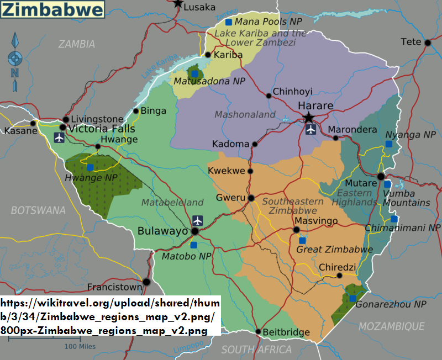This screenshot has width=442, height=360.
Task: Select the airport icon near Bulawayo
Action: point(198,220)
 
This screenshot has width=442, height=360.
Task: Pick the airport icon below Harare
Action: point(311,130)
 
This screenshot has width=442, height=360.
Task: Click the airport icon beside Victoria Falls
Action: point(60,137)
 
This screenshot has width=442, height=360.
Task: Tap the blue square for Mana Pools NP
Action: point(228,22)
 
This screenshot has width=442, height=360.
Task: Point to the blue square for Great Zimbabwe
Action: point(302,241)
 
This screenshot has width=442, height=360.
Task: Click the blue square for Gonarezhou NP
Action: point(352,299)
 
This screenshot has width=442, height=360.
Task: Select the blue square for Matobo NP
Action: point(193,245)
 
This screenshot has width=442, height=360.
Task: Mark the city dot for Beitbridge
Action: point(258,331)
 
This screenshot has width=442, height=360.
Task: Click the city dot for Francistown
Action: point(146,282)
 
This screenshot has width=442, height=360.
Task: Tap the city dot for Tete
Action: point(428,42)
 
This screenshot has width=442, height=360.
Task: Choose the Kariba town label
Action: point(228,55)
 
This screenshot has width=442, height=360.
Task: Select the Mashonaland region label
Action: point(245,114)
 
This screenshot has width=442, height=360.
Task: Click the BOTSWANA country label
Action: point(38,210)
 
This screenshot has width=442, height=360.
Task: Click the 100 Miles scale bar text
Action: point(80,346)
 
